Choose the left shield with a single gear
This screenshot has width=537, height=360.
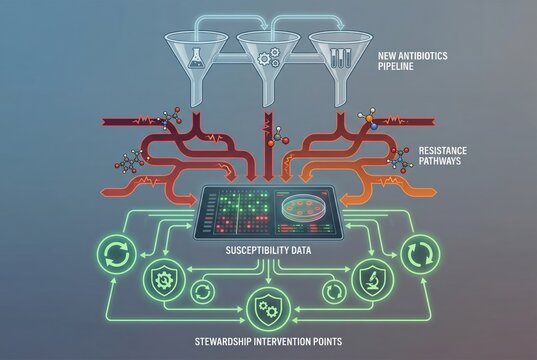163,281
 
